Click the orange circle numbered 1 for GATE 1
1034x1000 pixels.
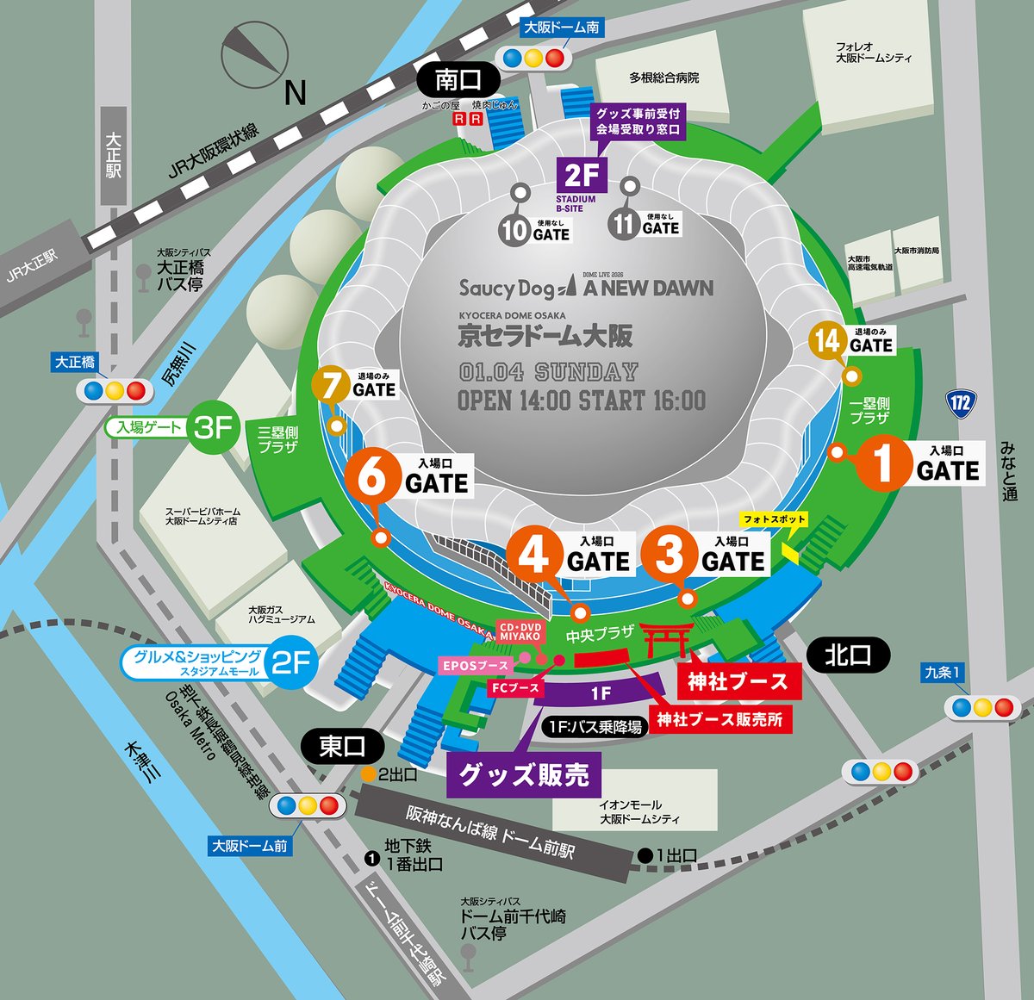[882, 463]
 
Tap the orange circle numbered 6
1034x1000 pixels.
[372, 475]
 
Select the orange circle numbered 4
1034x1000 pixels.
[533, 554]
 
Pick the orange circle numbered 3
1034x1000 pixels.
[670, 554]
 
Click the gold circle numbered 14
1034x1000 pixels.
[827, 341]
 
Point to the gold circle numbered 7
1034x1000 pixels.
[331, 386]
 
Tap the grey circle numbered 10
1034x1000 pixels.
[514, 231]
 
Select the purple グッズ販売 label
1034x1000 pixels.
[523, 775]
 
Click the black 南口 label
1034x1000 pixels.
[458, 80]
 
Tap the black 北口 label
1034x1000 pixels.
[847, 655]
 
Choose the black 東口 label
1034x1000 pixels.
[342, 746]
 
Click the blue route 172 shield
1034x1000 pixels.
[961, 401]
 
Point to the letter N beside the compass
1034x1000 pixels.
[296, 92]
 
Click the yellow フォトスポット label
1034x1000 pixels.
[775, 519]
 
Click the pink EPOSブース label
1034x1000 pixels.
[475, 666]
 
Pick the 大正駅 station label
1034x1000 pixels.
[113, 155]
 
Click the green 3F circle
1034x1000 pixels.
[213, 427]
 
